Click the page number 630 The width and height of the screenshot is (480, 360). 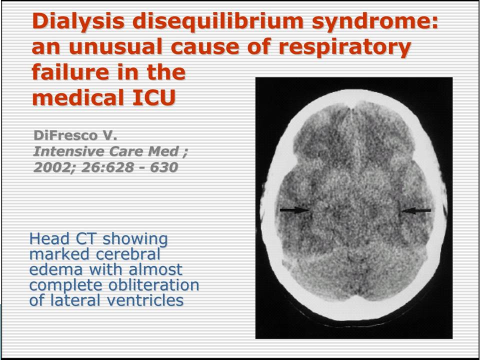(164, 167)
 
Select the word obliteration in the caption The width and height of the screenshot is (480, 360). (153, 285)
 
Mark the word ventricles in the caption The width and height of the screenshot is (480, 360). (145, 300)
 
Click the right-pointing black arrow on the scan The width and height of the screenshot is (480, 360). (294, 210)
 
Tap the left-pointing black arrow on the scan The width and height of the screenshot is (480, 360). (416, 210)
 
